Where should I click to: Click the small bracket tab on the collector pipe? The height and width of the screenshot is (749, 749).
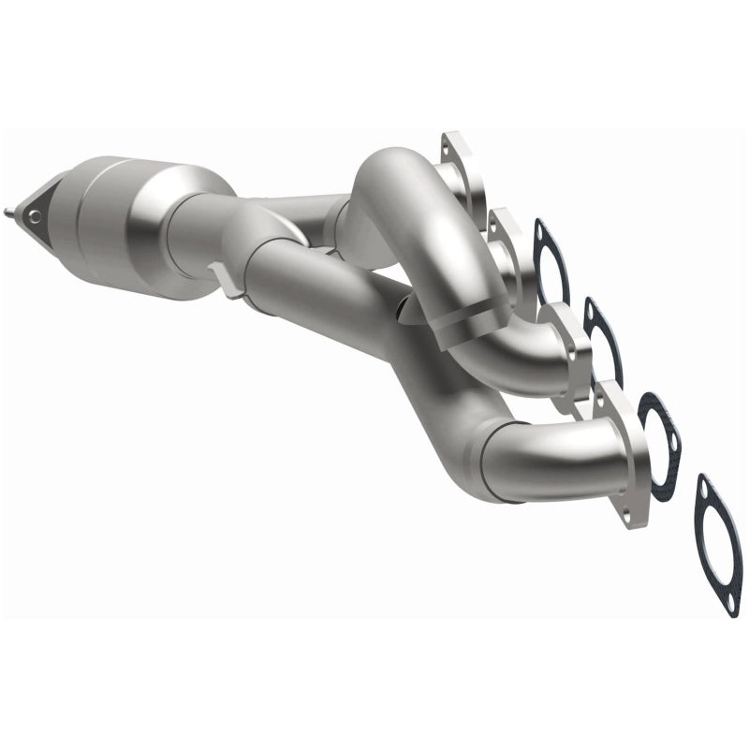217,277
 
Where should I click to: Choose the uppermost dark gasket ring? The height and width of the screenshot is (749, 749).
551,257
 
